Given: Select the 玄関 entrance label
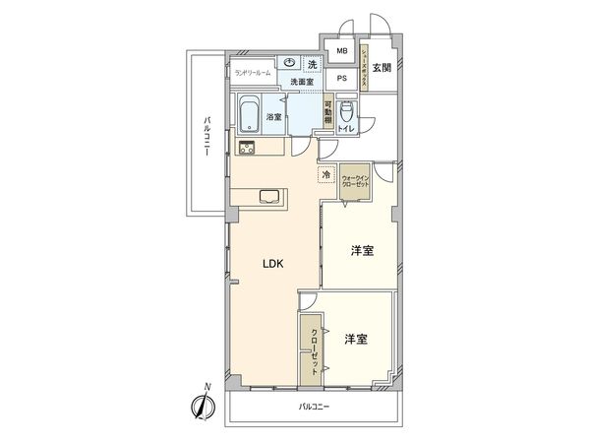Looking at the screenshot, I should tap(383, 68).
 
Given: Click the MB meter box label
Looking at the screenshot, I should tap(342, 51).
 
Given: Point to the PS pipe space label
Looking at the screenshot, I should tap(342, 78).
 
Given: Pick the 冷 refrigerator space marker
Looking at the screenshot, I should tap(325, 175).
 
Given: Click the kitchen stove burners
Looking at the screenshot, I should tap(246, 149).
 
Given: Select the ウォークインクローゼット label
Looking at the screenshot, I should tap(355, 182).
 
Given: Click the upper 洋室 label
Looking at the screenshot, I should tap(362, 251).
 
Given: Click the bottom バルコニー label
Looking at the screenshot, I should tap(315, 407).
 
